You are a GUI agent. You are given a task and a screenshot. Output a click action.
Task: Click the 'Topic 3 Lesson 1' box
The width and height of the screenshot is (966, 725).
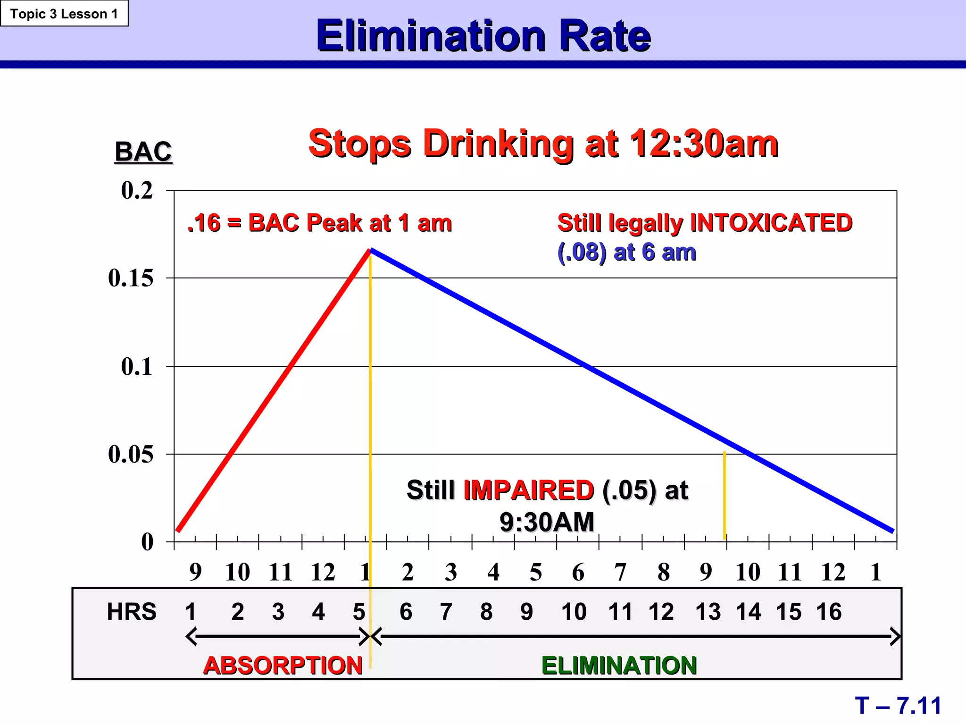pos(64,14)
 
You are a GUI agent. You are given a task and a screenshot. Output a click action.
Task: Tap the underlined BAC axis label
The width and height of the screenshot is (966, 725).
pos(143,152)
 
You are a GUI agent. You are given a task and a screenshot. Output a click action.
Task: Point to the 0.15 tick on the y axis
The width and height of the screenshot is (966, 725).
pos(131,278)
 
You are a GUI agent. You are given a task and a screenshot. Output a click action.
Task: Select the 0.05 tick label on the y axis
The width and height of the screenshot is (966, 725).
pos(131,454)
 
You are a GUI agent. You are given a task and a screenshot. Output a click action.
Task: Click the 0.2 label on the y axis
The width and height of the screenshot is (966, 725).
pos(137,191)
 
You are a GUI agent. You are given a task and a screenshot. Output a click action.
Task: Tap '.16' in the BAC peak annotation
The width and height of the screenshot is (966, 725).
pos(204,223)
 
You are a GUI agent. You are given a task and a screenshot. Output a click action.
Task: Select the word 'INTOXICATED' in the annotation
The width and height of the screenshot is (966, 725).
pos(771,223)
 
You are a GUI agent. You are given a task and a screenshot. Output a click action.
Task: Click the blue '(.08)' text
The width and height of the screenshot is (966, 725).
pos(582,252)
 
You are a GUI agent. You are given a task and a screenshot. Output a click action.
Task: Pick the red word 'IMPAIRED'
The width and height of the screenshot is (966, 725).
pos(528,490)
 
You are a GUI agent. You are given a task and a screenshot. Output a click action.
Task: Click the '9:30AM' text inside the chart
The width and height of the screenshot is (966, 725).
pos(547,522)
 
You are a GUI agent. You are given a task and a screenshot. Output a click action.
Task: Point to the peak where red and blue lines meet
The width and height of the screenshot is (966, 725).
pos(371,250)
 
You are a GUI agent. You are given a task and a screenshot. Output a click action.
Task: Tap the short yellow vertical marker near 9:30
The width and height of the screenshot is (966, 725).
pos(724,496)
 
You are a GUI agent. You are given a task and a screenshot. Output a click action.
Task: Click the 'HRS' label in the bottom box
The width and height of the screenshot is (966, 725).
pos(132,612)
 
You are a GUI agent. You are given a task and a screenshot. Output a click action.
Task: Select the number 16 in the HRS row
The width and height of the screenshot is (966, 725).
pos(829,612)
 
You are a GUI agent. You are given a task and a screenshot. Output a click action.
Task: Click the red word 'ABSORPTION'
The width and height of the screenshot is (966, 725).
pos(283,666)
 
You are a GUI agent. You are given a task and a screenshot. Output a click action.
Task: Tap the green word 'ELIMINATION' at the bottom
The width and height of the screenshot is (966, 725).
pos(619,666)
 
